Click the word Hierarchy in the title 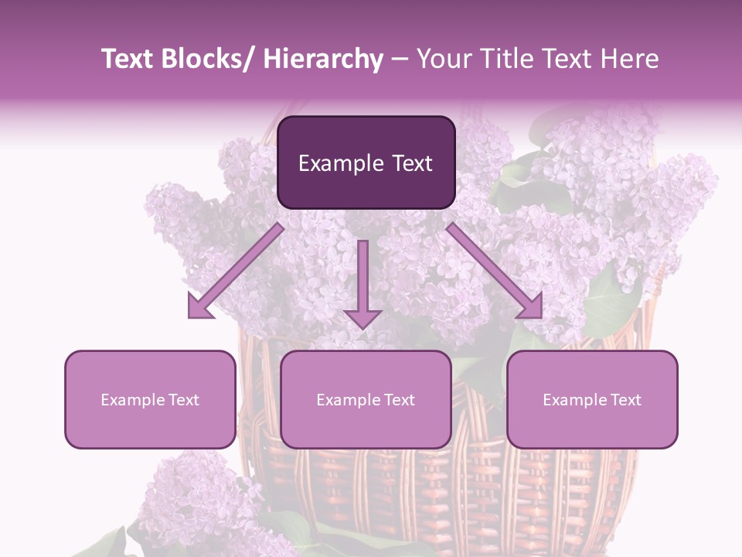pos(322,59)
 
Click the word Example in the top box pos(341,163)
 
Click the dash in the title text pos(400,59)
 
